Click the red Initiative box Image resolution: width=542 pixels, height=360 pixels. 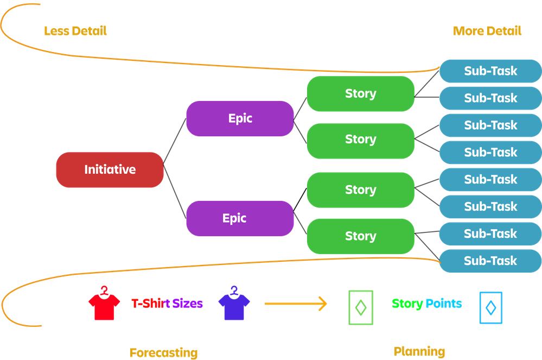pyautogui.click(x=110, y=169)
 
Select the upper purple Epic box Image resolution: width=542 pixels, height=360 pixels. pyautogui.click(x=240, y=118)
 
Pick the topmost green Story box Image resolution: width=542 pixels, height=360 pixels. pyautogui.click(x=360, y=93)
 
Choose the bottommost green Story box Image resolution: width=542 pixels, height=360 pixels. pyautogui.click(x=360, y=236)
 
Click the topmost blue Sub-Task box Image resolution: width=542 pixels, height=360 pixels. pyautogui.click(x=490, y=71)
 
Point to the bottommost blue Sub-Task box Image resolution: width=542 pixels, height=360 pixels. pyautogui.click(x=490, y=261)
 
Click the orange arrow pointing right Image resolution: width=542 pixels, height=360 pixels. pyautogui.click(x=296, y=304)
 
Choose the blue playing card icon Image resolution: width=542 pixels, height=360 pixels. pyautogui.click(x=490, y=308)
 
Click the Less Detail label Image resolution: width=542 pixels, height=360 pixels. pyautogui.click(x=75, y=31)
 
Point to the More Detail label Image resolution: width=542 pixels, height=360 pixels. pyautogui.click(x=487, y=31)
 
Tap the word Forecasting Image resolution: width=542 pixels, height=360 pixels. pyautogui.click(x=163, y=352)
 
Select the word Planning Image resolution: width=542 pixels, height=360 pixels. pyautogui.click(x=419, y=351)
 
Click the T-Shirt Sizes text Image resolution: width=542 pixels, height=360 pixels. pyautogui.click(x=167, y=304)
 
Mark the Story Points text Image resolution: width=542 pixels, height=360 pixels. pyautogui.click(x=427, y=303)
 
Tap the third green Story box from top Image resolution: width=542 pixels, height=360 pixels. pyautogui.click(x=360, y=190)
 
